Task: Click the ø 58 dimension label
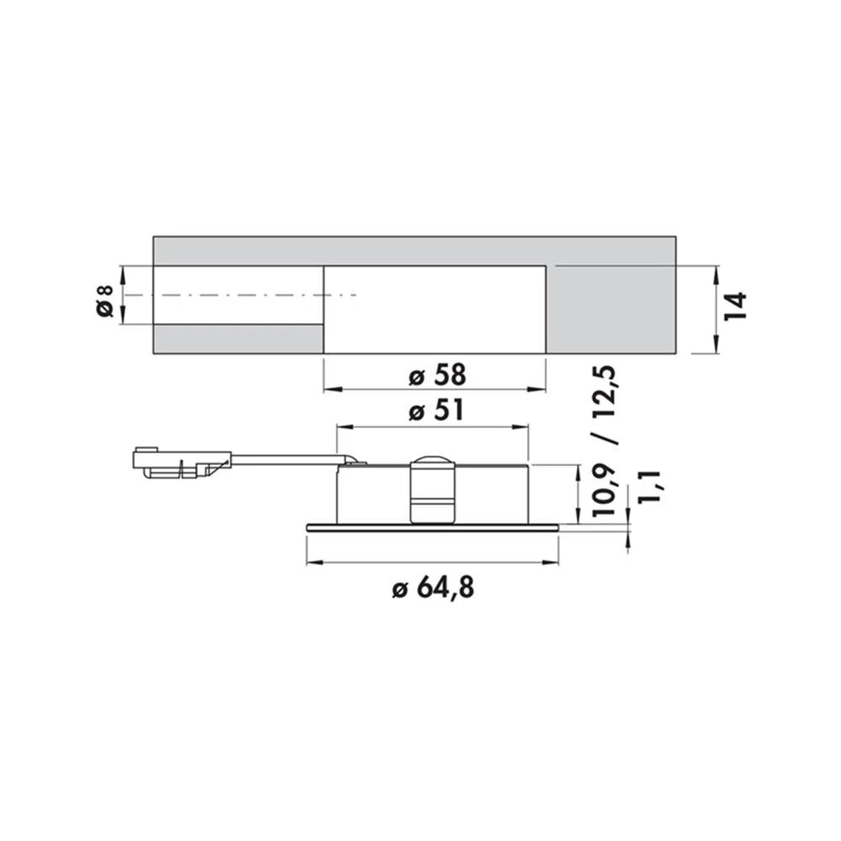(437, 375)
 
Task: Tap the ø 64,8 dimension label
(433, 589)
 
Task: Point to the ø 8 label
(106, 301)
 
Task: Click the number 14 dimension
(736, 306)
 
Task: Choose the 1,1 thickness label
(649, 487)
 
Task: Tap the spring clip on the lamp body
(432, 492)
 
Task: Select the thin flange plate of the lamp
(432, 528)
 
